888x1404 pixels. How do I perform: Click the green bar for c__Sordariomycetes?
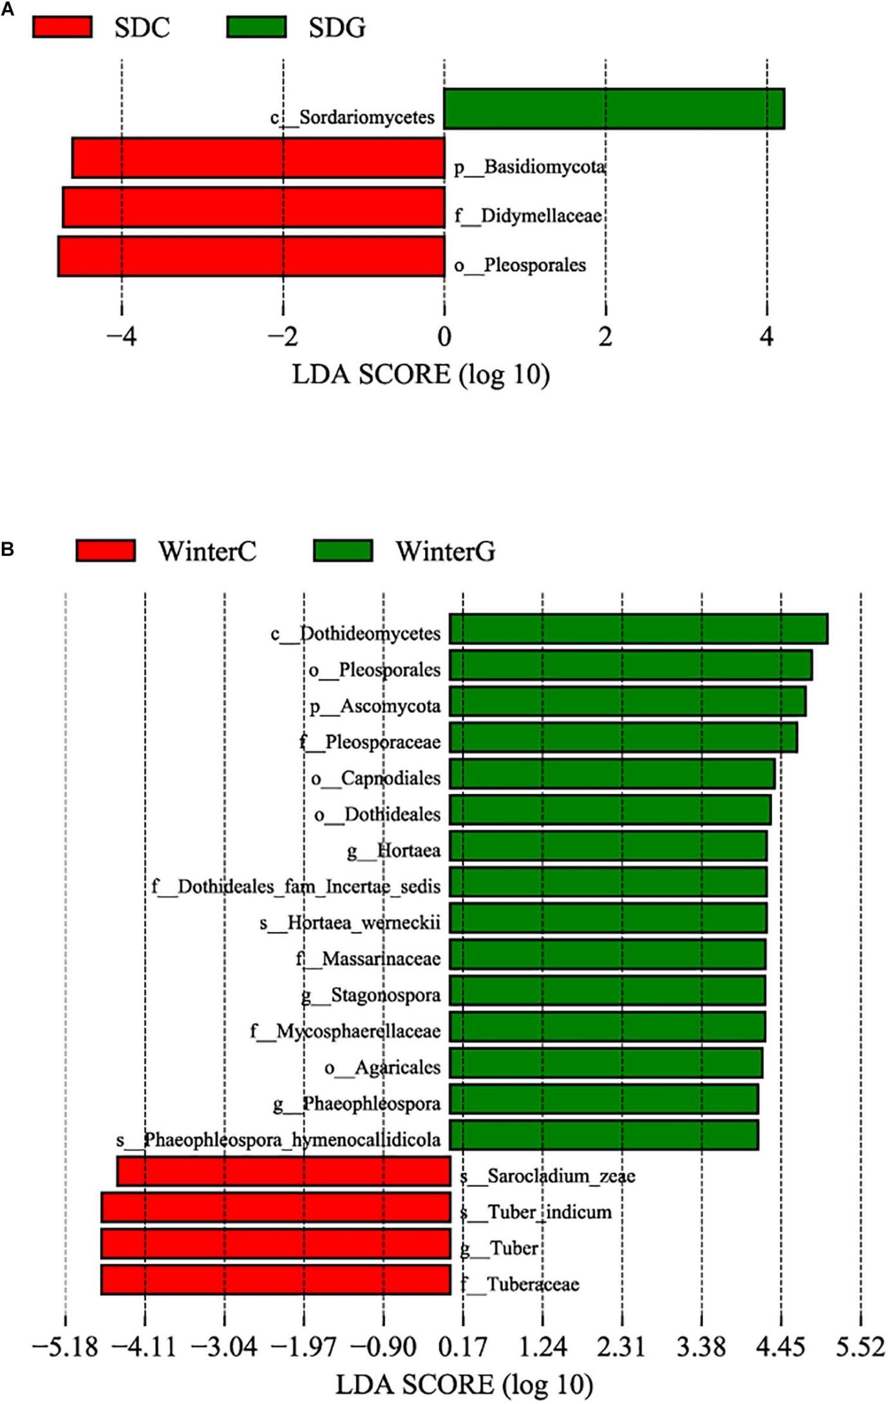[x=614, y=109]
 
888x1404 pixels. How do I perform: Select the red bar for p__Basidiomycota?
[x=258, y=158]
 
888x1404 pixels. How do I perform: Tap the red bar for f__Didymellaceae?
[x=254, y=207]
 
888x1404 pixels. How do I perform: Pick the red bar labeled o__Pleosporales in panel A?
[x=251, y=256]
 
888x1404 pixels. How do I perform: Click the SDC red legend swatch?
[x=62, y=27]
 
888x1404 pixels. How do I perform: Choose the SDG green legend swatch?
[x=256, y=27]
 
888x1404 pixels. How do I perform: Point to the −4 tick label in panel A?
[x=121, y=336]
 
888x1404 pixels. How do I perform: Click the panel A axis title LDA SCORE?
[x=420, y=375]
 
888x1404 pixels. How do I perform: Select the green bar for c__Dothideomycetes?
[x=638, y=629]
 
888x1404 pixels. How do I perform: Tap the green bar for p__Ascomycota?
[x=627, y=701]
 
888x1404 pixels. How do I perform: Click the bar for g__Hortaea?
[x=608, y=846]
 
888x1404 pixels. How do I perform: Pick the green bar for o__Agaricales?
[x=606, y=1063]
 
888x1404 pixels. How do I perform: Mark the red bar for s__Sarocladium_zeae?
[x=283, y=1171]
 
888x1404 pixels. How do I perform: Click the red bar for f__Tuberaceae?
[x=276, y=1279]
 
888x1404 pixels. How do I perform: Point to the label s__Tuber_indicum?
[x=536, y=1212]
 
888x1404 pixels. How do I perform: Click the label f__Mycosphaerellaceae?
[x=346, y=1031]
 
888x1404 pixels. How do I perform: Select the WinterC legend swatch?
[x=106, y=551]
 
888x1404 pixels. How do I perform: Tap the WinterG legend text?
[x=446, y=551]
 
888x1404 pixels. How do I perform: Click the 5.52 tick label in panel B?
[x=860, y=1347]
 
